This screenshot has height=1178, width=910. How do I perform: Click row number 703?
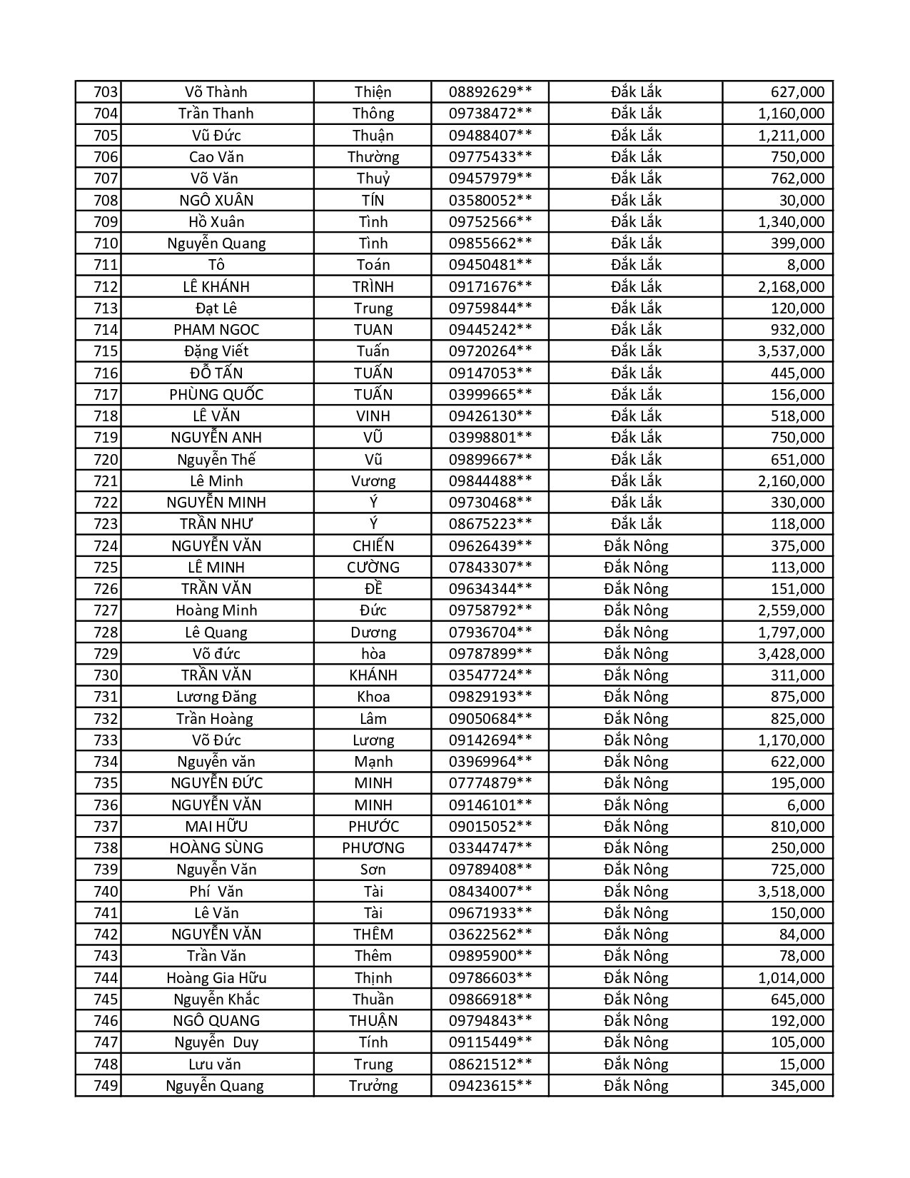105,92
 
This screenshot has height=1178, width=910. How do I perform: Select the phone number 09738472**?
490,114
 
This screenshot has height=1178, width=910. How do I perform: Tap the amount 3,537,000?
791,351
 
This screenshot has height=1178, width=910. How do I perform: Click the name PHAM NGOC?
216,330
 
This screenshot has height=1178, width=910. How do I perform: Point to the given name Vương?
373,481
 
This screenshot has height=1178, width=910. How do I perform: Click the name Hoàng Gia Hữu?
216,978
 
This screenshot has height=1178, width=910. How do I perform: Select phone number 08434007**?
490,892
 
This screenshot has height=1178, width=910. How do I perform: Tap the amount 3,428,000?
791,654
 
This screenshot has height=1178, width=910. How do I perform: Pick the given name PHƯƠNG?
373,848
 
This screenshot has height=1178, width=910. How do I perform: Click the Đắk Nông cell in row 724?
635,546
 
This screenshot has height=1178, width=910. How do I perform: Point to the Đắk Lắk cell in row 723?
635,524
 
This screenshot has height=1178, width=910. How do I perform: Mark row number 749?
105,1086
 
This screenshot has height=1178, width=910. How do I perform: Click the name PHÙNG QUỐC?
216,395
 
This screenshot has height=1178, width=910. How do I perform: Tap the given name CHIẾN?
373,546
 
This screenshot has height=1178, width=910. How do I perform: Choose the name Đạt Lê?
216,308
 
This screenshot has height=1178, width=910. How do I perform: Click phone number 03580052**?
490,201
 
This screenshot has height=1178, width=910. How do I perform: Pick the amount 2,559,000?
791,610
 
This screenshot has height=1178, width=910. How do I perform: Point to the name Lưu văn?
216,1064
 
